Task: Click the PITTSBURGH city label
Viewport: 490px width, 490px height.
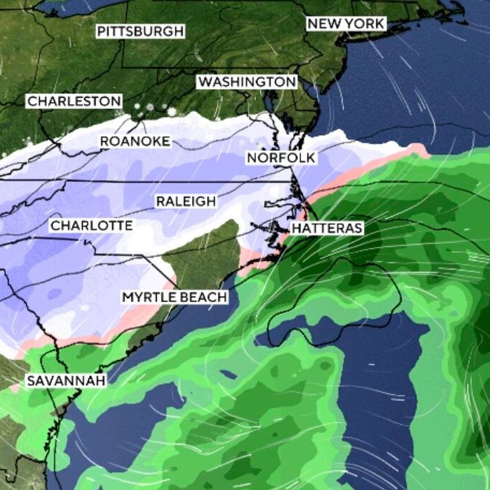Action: [x=141, y=31]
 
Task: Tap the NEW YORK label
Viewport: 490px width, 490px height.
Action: [x=346, y=24]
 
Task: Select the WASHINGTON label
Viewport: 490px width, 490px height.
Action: [x=247, y=82]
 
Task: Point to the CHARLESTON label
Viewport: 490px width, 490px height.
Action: [x=74, y=102]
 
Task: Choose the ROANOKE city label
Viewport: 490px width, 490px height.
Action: [x=135, y=141]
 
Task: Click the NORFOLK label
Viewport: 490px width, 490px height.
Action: [x=280, y=158]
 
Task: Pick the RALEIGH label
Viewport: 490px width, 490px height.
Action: [x=185, y=202]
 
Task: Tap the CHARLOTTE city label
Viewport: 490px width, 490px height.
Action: [x=91, y=225]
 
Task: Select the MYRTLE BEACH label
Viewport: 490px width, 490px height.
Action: [x=175, y=297]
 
